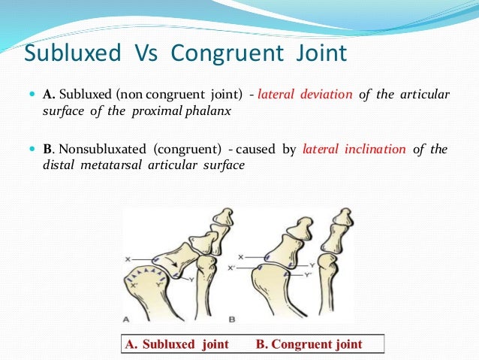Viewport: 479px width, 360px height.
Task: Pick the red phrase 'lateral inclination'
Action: tap(352, 149)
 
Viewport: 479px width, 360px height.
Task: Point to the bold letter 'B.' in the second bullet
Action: tap(49, 149)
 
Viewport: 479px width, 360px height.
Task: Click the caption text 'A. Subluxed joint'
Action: tap(174, 344)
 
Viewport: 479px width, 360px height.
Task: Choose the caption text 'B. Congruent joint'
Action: tap(309, 344)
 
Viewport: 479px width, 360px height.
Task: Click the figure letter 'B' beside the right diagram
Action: tap(233, 319)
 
